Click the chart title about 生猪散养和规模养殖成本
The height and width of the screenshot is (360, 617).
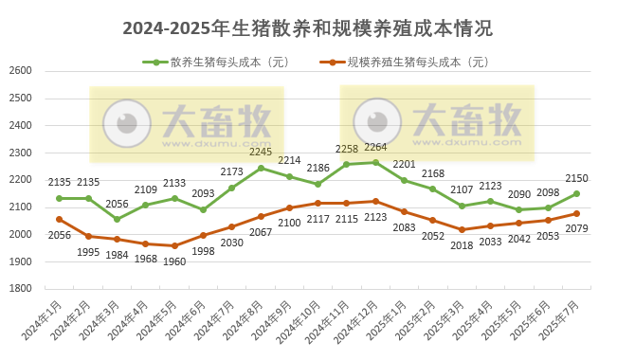tap(308, 27)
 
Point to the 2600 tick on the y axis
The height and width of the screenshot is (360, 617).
tap(20, 71)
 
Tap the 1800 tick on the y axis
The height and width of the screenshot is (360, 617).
tap(20, 289)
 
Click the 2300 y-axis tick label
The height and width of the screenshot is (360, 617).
tap(20, 153)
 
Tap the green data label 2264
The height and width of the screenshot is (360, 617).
tap(375, 147)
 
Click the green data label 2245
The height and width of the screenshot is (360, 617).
tap(261, 152)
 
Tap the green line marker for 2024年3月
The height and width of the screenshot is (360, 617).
tap(117, 220)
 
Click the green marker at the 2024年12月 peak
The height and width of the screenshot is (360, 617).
tap(375, 162)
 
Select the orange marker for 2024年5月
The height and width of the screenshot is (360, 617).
tap(174, 245)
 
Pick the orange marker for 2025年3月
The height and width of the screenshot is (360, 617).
tap(462, 229)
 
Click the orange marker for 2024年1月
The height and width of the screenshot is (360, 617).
tap(59, 219)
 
